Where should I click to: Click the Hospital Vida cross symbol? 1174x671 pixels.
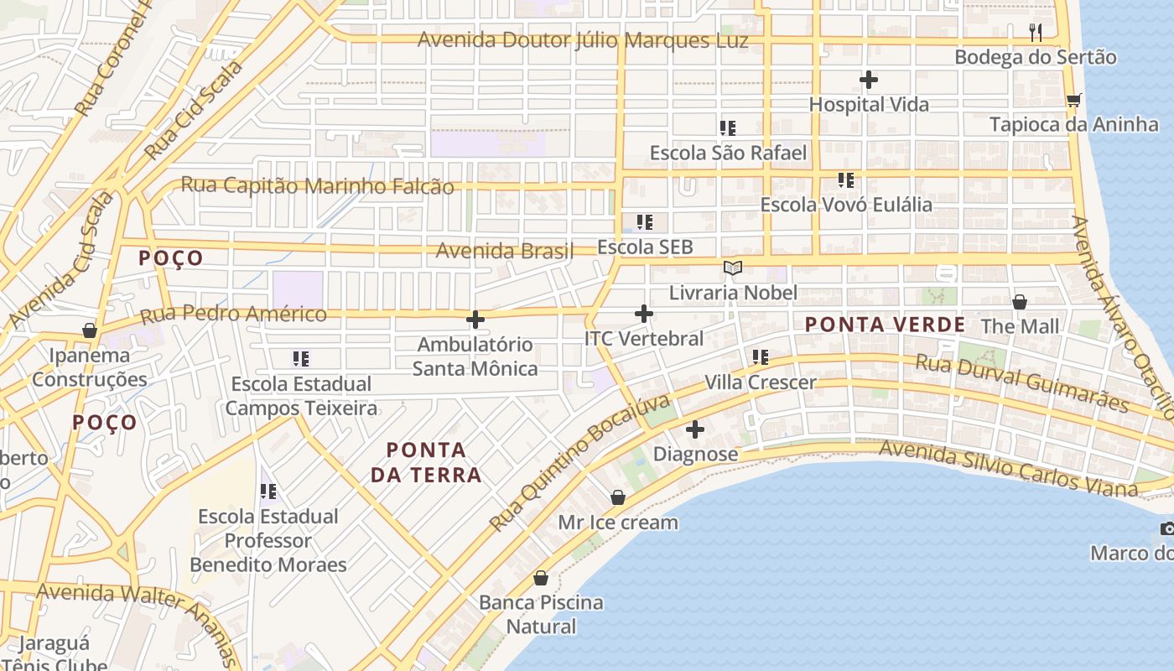[x=869, y=81]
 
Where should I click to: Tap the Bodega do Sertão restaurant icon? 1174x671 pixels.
[x=1036, y=33]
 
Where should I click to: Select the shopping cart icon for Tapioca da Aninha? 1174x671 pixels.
[x=1073, y=101]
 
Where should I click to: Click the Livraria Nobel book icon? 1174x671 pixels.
[x=733, y=268]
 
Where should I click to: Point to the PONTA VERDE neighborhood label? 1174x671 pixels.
[x=885, y=325]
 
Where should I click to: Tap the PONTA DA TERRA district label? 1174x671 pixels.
[x=426, y=462]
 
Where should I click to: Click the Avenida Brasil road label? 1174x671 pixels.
[x=505, y=250]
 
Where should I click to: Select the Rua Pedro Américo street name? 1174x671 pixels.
[x=233, y=315]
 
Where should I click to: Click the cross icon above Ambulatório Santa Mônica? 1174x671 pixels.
[x=475, y=320]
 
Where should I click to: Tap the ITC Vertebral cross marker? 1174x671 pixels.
[x=644, y=314]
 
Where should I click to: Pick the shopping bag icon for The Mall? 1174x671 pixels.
[x=1020, y=302]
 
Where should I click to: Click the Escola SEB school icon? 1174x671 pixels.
[x=644, y=222]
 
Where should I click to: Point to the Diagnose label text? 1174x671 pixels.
[x=695, y=454]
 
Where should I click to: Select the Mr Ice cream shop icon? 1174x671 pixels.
[x=618, y=497]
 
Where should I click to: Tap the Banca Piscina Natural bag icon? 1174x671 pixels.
[x=541, y=578]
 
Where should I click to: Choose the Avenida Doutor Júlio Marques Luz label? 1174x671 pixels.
[x=583, y=40]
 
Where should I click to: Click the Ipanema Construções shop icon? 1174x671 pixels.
[x=90, y=330]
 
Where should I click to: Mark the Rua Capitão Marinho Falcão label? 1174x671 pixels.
[x=318, y=185]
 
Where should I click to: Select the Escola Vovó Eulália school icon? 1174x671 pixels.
[x=846, y=180]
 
